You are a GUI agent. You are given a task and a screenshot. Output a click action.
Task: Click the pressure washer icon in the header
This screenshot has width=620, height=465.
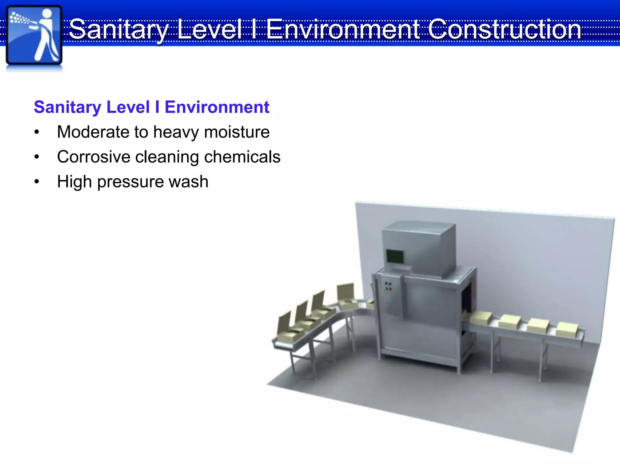pos(34,36)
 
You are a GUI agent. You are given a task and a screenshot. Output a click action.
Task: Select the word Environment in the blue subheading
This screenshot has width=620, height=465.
pos(217,107)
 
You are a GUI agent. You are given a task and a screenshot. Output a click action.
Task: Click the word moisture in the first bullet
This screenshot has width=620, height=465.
pos(237,132)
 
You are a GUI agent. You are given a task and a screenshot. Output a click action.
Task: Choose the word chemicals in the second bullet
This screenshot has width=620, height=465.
pos(242,157)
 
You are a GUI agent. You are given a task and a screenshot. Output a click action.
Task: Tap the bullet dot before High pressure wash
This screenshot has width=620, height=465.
pos(37,182)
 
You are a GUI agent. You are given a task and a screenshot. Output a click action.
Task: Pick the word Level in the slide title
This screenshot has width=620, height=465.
pos(209,29)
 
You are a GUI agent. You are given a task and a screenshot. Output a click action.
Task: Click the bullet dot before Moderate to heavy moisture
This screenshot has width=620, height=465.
pos(37,132)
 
